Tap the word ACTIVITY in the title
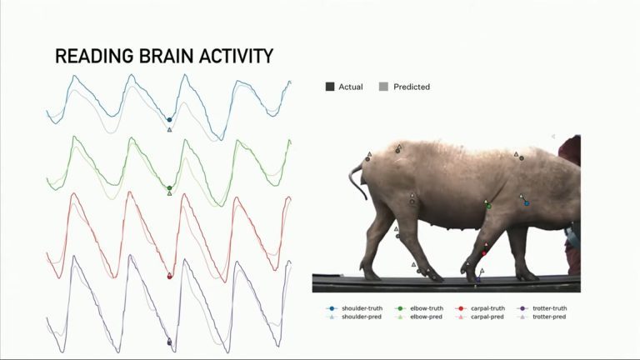239,57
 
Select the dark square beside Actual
330,87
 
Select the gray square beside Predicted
383,87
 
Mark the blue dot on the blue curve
169,120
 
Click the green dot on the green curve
169,188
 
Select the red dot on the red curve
170,276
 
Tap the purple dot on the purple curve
169,342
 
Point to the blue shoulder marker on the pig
527,203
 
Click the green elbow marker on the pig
488,206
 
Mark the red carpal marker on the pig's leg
483,252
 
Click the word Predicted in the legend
412,87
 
